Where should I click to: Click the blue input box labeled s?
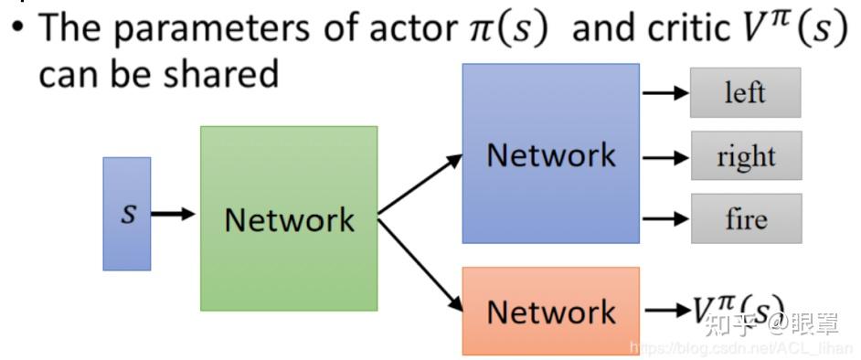126,214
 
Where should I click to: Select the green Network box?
289,218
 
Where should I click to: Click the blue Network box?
550,154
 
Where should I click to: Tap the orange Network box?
550,311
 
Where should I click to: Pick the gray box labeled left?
745,92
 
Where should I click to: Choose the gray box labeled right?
746,156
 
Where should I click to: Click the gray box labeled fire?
746,218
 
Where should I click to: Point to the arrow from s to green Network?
174,214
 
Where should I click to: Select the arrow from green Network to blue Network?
420,185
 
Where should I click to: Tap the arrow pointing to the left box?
665,92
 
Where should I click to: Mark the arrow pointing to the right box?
665,156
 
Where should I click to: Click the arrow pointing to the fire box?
665,218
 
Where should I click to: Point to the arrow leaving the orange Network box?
665,311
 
